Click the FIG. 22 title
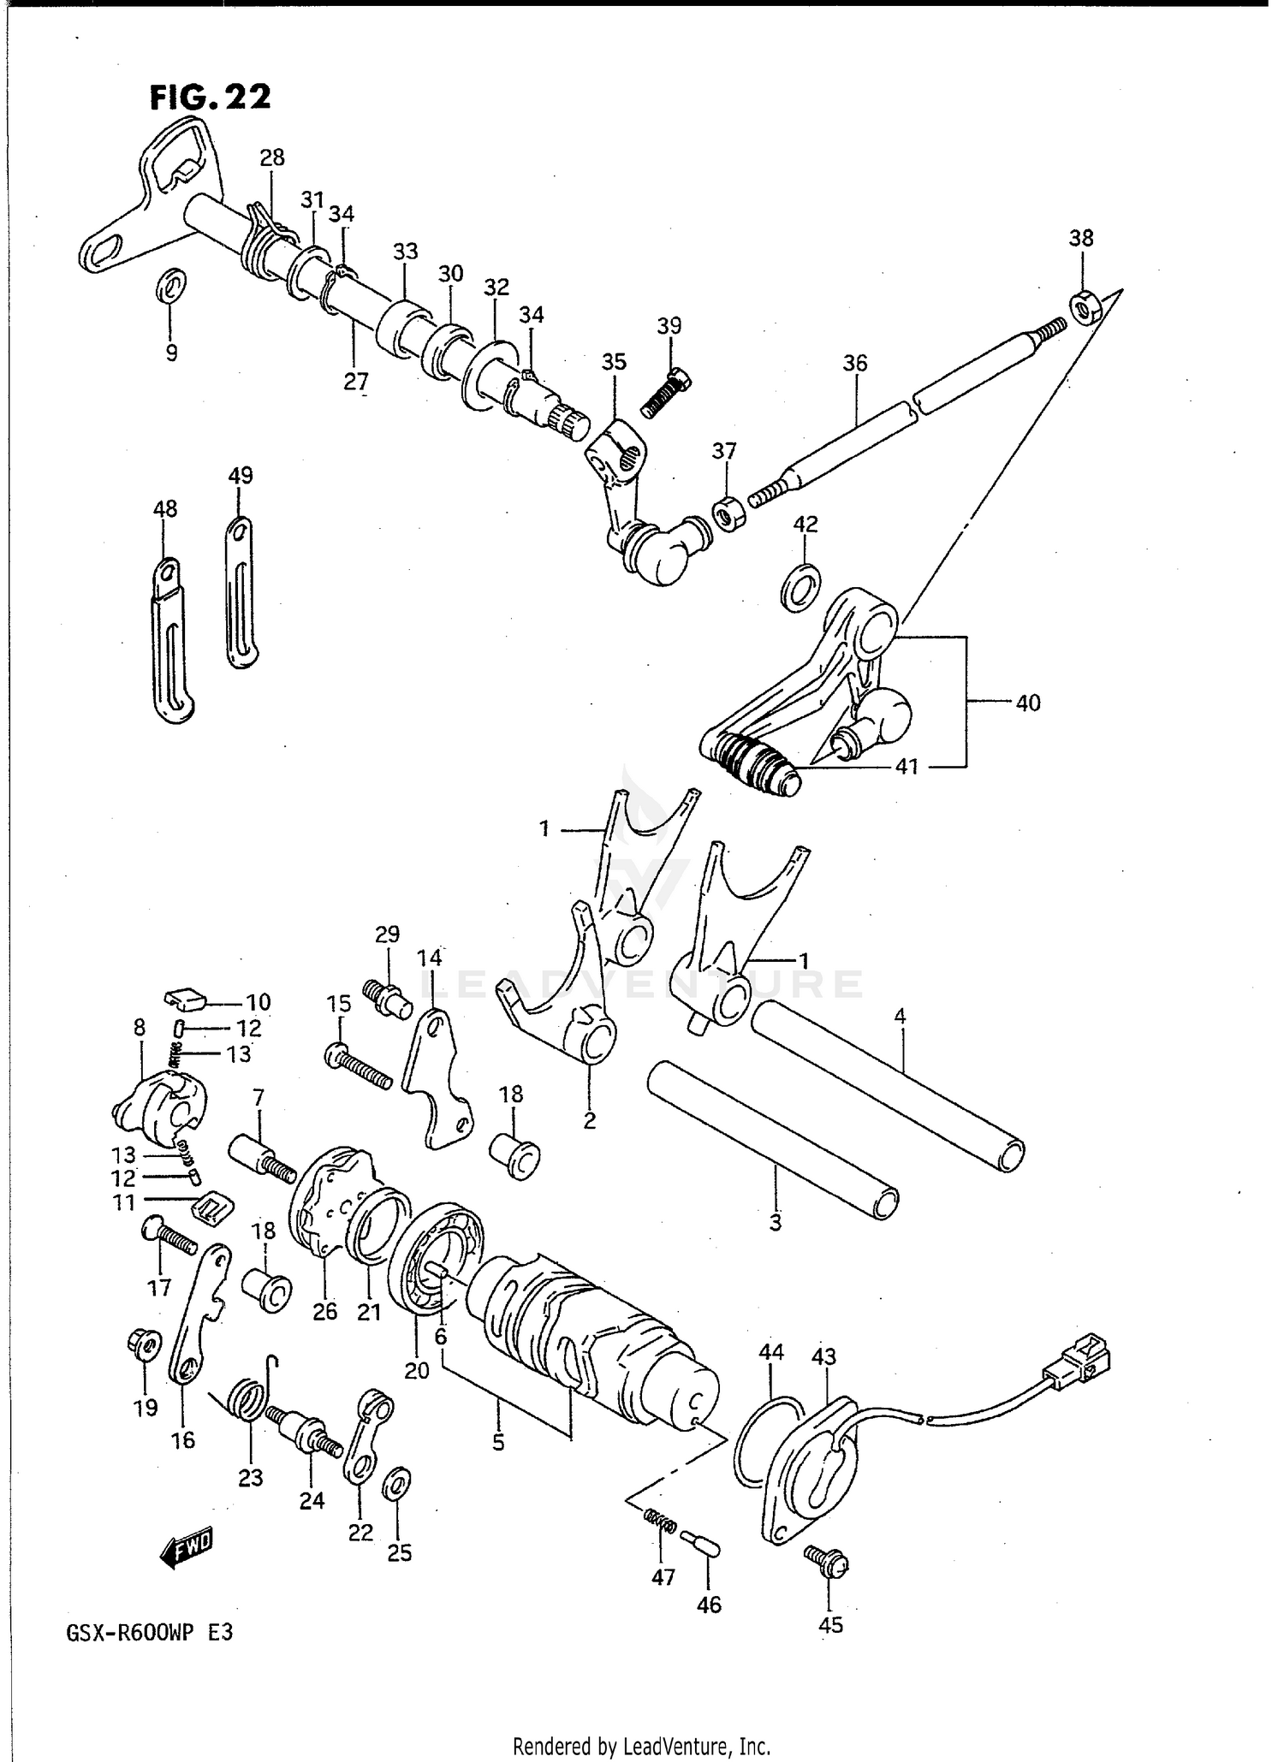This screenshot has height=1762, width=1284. click(211, 98)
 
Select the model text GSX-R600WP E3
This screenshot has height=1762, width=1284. click(148, 1632)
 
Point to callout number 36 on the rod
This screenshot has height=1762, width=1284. click(854, 363)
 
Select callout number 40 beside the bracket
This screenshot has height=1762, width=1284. click(1027, 703)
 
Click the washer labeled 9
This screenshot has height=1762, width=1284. click(170, 286)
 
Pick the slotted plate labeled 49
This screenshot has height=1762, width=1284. click(242, 594)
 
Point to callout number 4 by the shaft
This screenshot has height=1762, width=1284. click(899, 1017)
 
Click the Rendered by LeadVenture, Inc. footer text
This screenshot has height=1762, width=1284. click(641, 1745)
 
